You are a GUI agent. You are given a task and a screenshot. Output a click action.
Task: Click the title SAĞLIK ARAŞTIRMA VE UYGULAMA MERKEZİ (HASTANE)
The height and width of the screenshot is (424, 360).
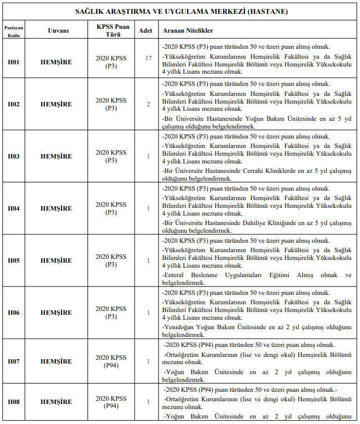tap(182, 11)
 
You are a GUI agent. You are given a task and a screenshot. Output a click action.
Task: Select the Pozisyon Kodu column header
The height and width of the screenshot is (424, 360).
tap(13, 30)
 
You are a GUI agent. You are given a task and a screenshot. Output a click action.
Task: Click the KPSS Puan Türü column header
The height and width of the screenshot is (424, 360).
tap(111, 30)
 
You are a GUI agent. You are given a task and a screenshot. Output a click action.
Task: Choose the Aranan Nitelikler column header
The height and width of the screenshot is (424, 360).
tap(188, 31)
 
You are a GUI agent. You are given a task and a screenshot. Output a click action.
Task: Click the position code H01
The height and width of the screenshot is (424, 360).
tap(13, 62)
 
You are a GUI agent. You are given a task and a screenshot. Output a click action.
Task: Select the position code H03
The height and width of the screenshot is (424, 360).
tap(13, 156)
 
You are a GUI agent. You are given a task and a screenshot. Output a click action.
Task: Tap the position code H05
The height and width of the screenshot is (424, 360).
tap(13, 260)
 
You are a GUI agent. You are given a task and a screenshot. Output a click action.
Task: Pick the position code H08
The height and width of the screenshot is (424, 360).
tap(13, 402)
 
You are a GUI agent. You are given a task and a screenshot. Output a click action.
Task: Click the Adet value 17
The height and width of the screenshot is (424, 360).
tap(148, 58)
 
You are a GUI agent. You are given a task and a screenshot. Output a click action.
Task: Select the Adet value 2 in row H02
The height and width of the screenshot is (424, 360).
tap(148, 104)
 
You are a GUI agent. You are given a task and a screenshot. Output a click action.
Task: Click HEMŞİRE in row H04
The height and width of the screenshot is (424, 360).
tap(56, 208)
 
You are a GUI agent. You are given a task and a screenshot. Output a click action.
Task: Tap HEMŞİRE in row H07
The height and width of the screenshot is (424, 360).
tap(56, 361)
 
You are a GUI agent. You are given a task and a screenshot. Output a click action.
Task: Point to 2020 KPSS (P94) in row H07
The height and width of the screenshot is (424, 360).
tap(111, 361)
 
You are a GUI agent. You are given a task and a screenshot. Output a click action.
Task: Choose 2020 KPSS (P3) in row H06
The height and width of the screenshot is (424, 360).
tap(111, 313)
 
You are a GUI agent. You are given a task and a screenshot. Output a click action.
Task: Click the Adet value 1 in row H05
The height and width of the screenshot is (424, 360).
tap(148, 260)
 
